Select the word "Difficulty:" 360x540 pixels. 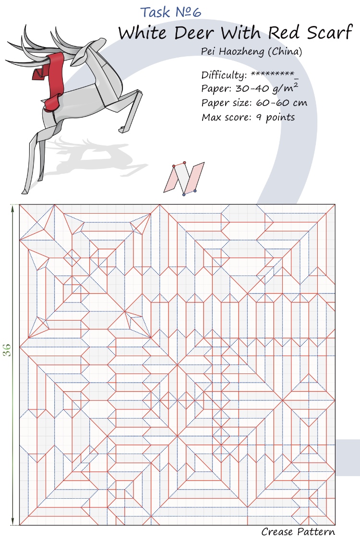(224, 75)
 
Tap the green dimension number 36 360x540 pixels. (8, 350)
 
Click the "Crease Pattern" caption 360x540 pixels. (298, 532)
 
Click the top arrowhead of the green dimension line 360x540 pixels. (12, 207)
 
